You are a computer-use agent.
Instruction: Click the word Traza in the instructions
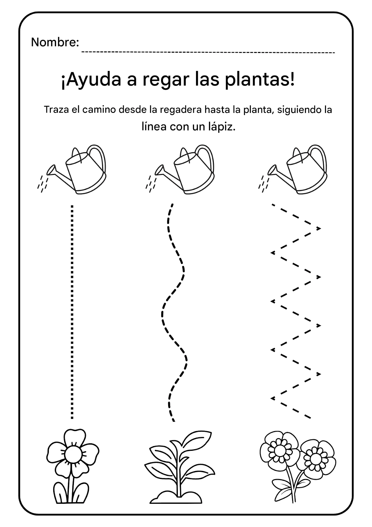tap(55, 110)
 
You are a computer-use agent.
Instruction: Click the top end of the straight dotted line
tap(72, 207)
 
